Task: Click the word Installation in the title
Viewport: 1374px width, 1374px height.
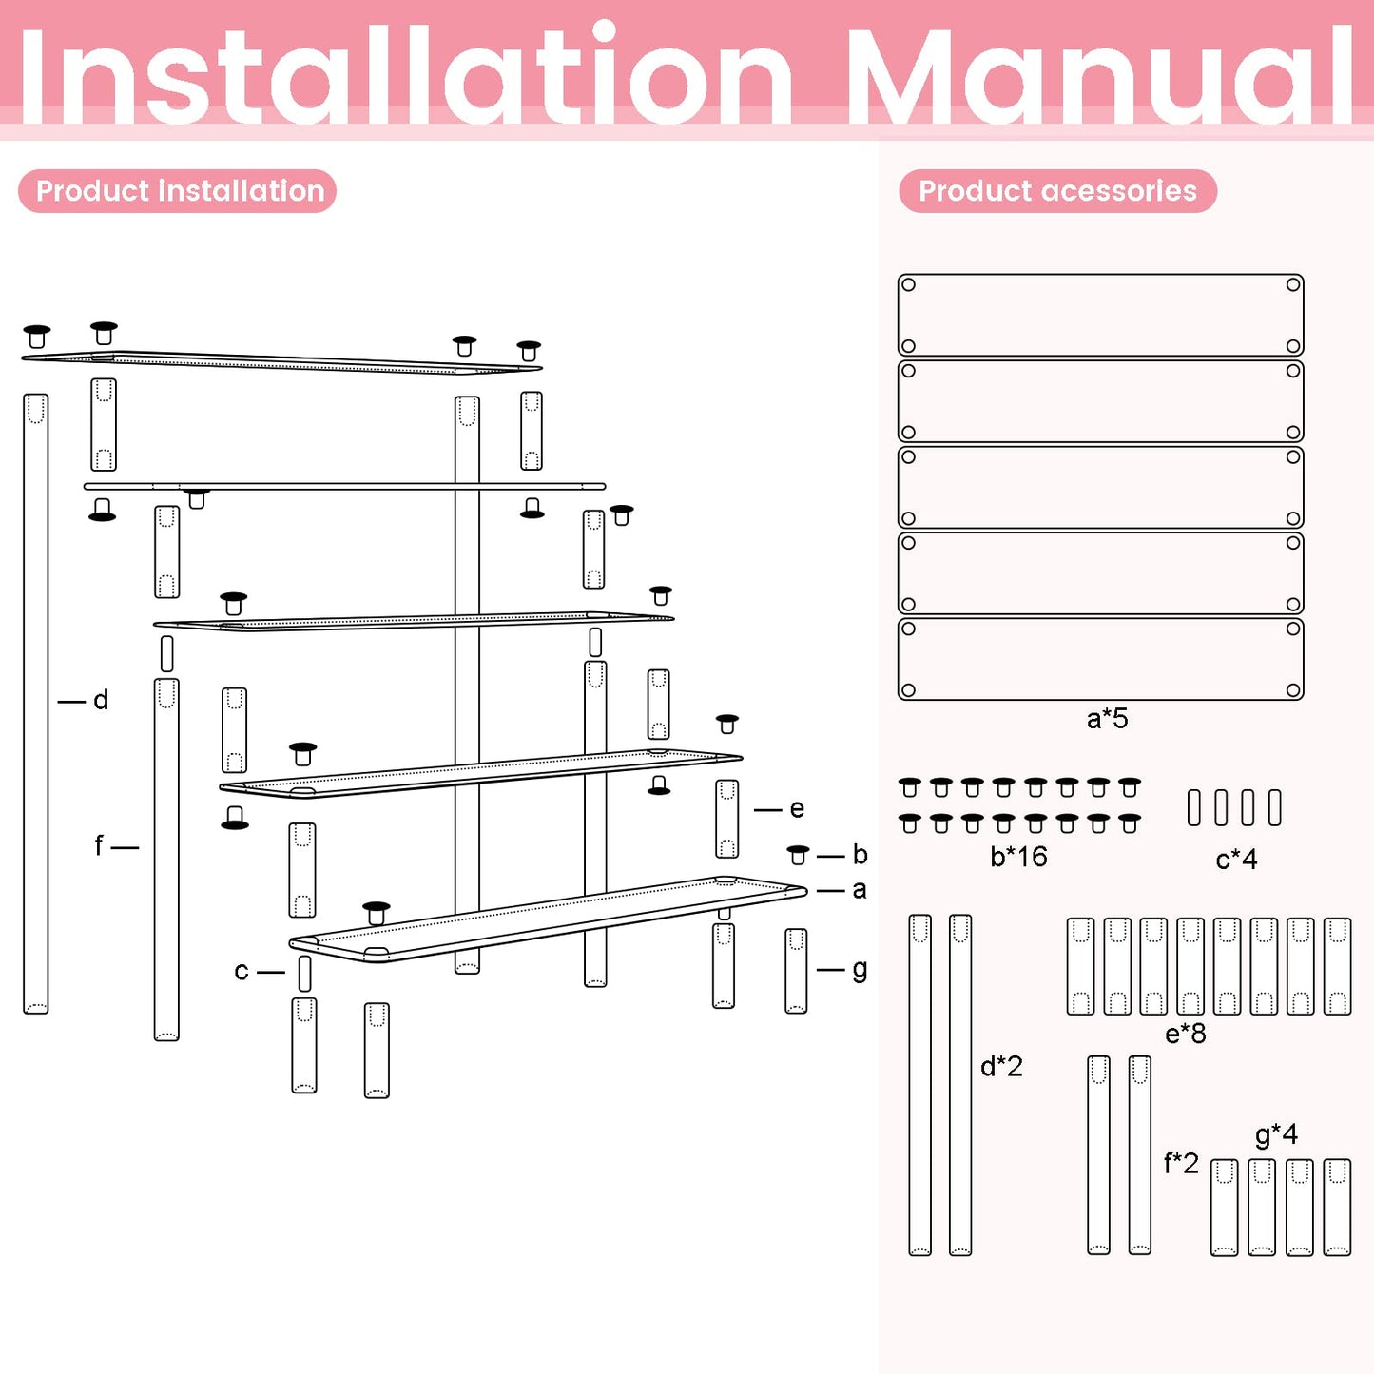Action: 405,74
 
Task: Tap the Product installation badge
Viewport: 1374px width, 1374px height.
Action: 177,191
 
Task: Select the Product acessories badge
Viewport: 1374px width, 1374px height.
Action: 1057,191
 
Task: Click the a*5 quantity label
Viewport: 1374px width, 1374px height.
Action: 1108,718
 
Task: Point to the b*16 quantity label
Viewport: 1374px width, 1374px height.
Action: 1019,856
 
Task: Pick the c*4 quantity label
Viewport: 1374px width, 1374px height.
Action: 1236,860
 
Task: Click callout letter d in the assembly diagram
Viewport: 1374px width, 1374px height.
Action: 101,700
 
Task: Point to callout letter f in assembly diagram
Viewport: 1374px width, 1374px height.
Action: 98,845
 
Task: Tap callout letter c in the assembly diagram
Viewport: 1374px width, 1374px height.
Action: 241,971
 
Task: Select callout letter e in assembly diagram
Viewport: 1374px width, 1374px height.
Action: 797,808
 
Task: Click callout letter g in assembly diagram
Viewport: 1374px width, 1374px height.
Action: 860,971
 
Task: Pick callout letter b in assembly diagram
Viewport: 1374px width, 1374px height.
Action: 860,854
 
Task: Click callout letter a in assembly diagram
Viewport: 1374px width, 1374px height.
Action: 860,890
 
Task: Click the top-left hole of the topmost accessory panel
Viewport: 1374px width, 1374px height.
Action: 908,284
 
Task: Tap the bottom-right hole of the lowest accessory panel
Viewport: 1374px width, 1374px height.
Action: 1293,689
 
